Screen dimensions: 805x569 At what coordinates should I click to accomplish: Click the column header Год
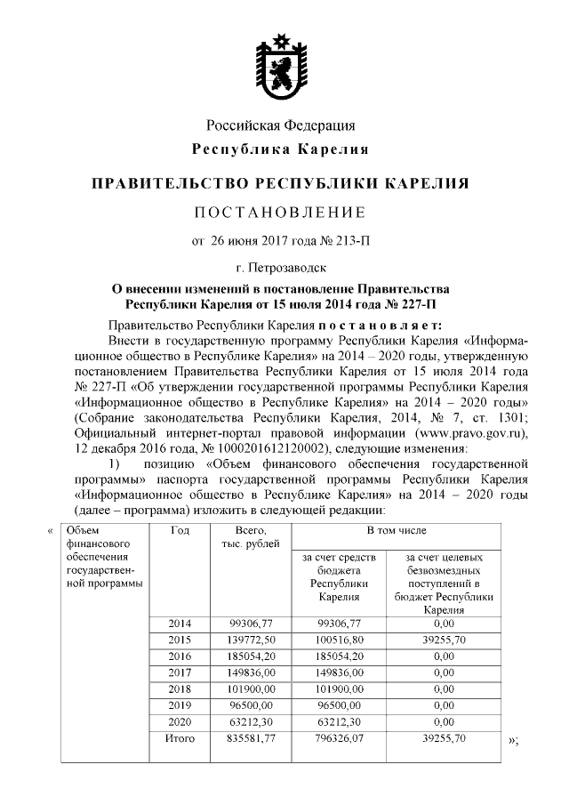click(x=178, y=531)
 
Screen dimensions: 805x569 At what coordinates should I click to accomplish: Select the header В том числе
click(x=393, y=531)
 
